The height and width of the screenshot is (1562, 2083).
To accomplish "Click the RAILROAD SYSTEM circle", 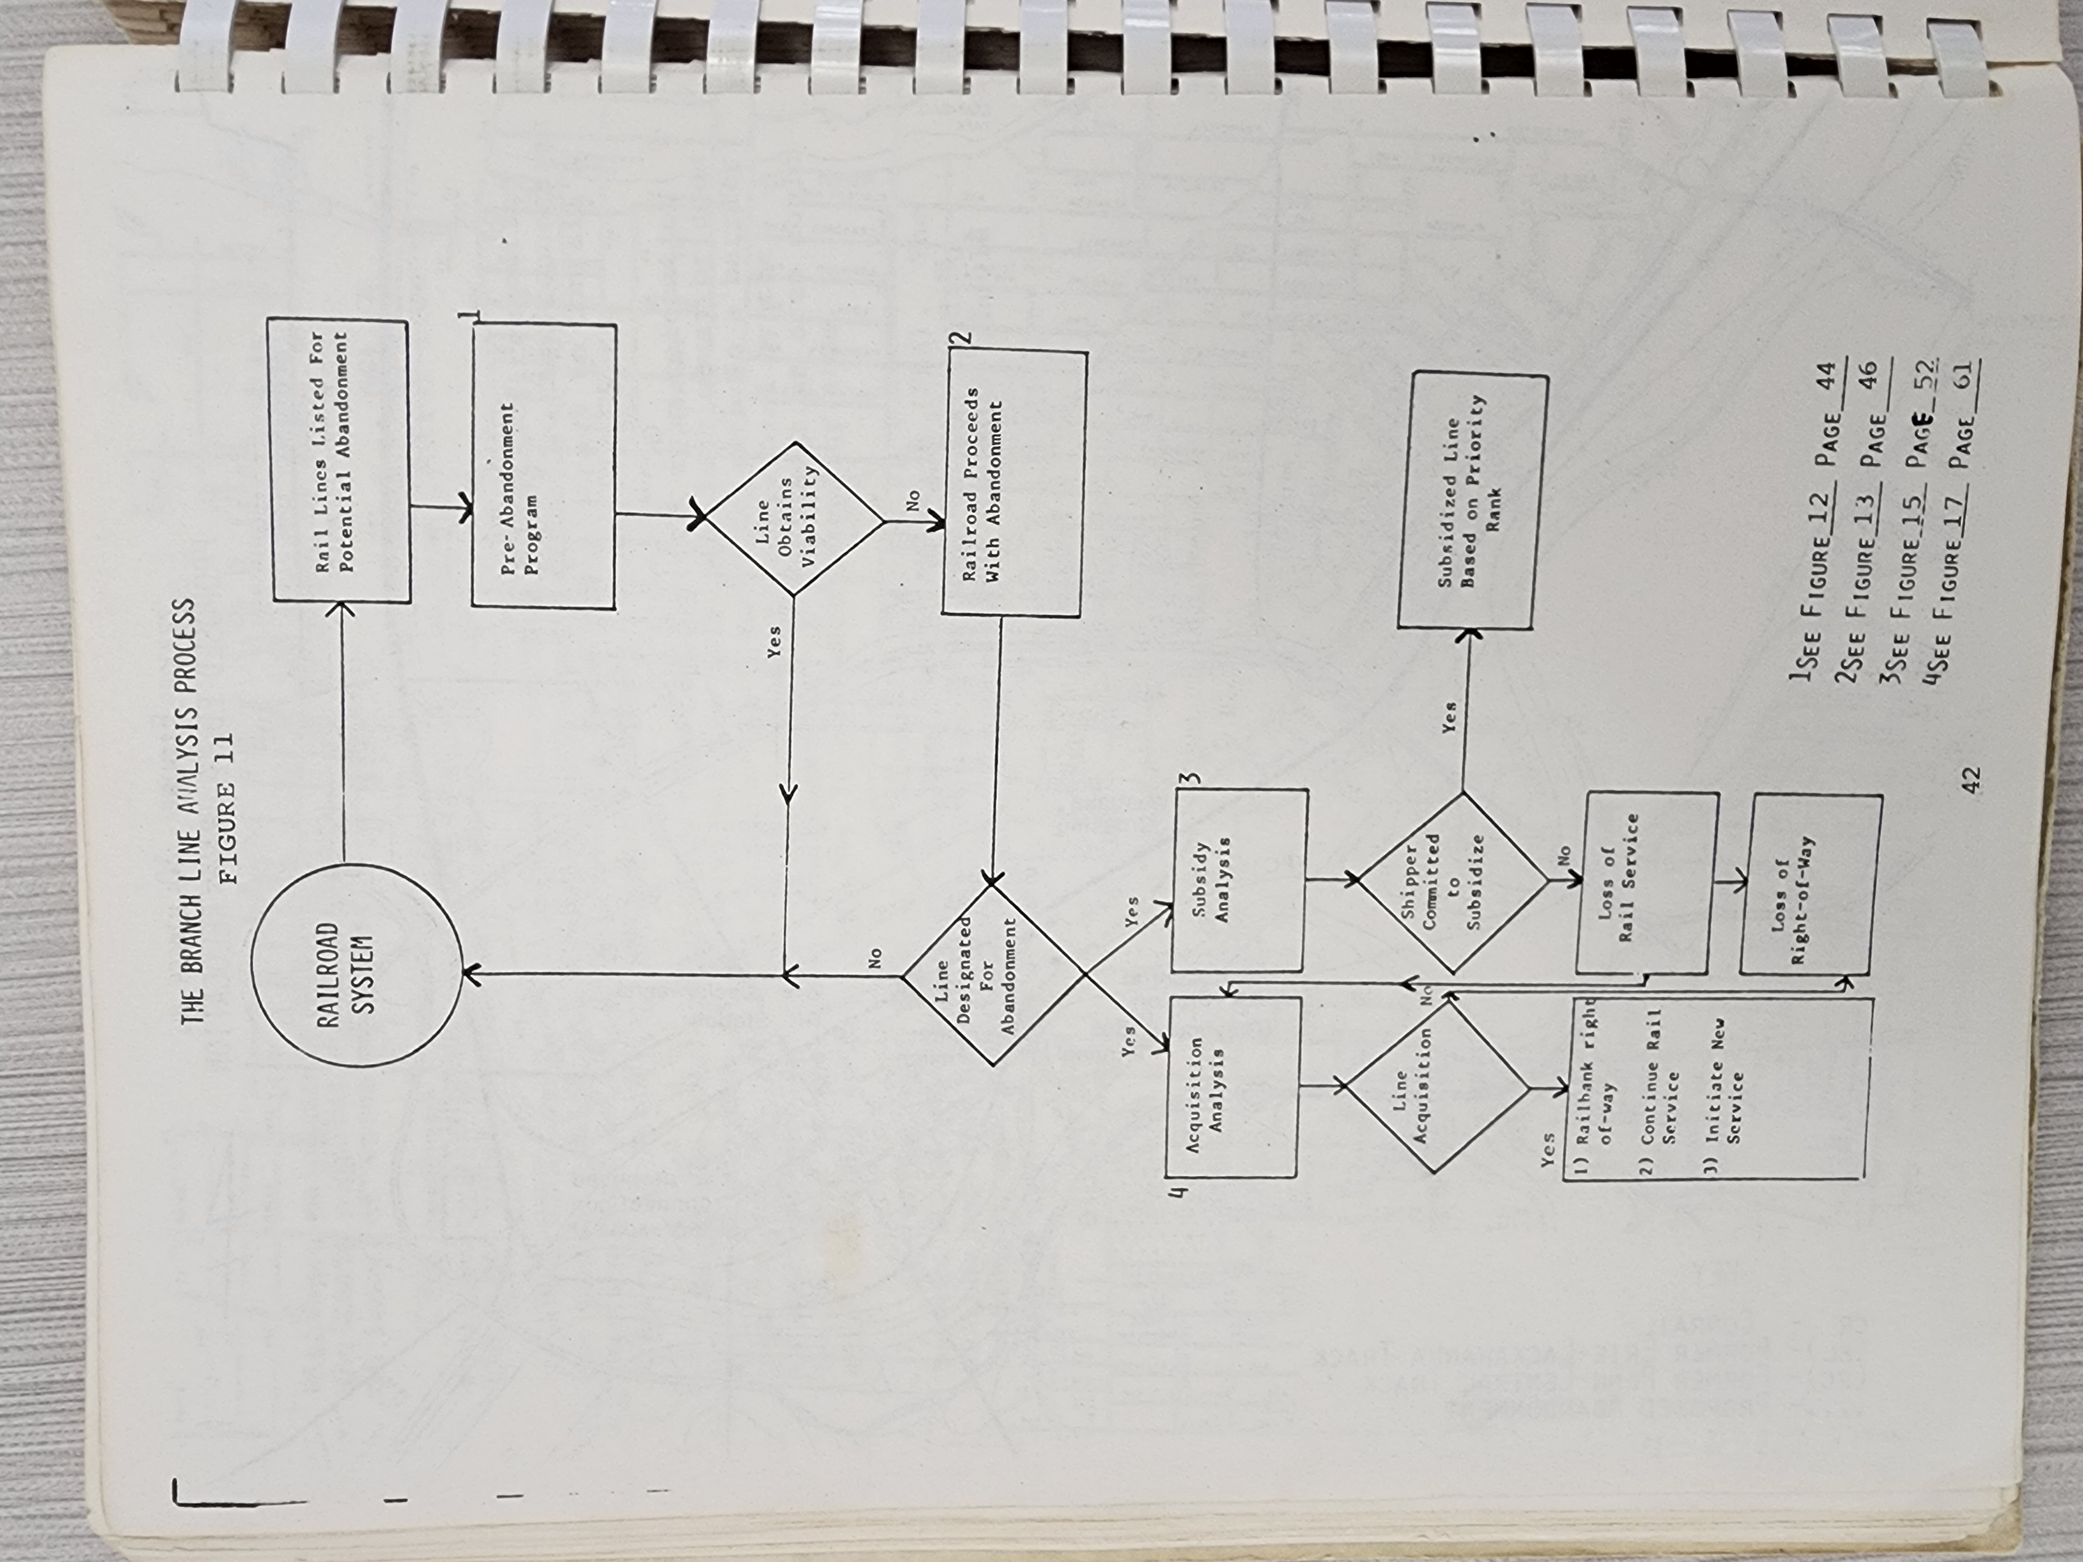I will coord(357,966).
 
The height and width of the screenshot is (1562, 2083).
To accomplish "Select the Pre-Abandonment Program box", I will coord(543,467).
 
